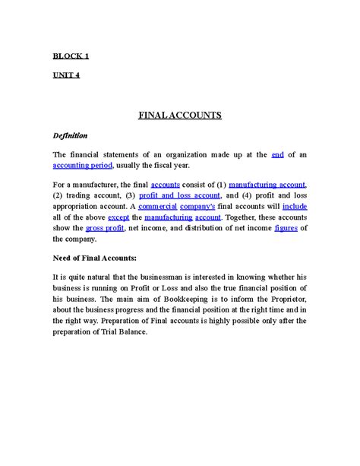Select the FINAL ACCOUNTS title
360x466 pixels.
pos(179,116)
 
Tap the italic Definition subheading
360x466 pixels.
pos(70,136)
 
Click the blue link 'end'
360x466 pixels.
pos(277,155)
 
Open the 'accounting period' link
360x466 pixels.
pos(83,165)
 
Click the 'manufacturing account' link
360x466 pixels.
pos(267,185)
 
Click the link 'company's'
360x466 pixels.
pos(198,206)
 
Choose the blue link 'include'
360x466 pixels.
pos(294,206)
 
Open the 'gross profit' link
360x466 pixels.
pos(105,227)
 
